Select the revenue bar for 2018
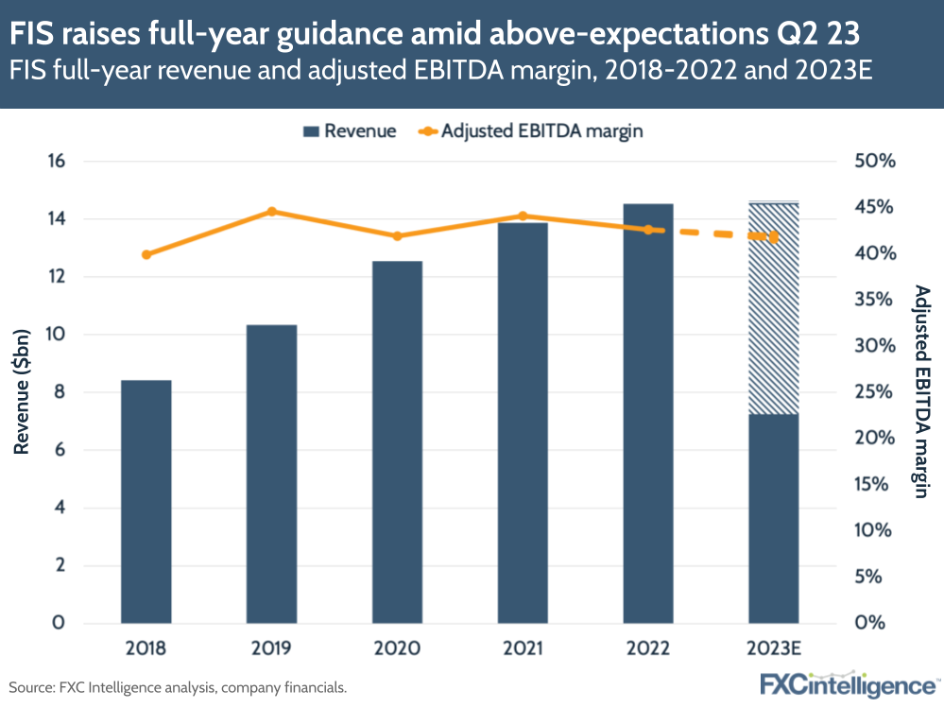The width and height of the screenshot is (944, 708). (146, 501)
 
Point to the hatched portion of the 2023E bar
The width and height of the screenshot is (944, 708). (774, 308)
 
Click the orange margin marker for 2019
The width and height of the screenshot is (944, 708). (272, 212)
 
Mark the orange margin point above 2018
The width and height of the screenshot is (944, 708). (146, 254)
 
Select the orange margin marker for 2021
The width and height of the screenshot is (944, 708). (523, 216)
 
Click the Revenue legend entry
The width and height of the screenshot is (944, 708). (349, 131)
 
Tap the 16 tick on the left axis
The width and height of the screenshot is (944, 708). (56, 162)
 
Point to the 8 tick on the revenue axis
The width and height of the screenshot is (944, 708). (59, 392)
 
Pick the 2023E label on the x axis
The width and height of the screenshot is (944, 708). (774, 649)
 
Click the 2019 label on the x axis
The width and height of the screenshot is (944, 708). (272, 649)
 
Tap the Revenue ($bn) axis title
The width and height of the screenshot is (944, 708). (23, 391)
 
